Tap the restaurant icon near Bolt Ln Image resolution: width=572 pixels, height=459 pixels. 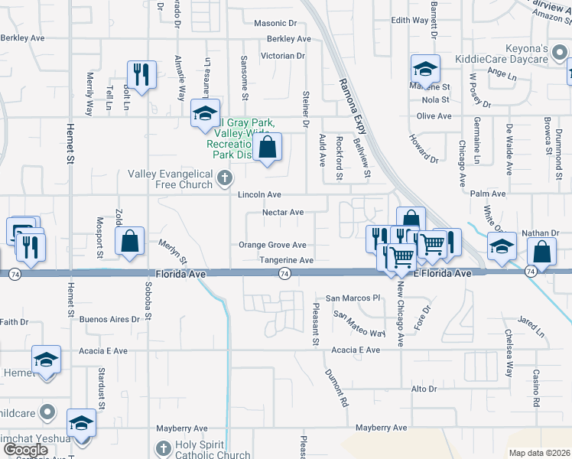pyautogui.click(x=140, y=74)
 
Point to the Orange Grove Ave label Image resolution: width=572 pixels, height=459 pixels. pyautogui.click(x=272, y=246)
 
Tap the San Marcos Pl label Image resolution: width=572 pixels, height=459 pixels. pyautogui.click(x=353, y=298)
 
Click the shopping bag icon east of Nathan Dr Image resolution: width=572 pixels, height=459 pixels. pyautogui.click(x=541, y=252)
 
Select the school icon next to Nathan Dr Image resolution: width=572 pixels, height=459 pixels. pyautogui.click(x=501, y=246)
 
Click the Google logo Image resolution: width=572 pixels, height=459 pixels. pyautogui.click(x=26, y=449)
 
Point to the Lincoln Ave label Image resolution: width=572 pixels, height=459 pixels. pyautogui.click(x=258, y=195)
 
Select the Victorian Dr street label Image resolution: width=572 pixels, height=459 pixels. pyautogui.click(x=282, y=56)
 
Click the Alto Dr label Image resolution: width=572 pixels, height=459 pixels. pyautogui.click(x=424, y=389)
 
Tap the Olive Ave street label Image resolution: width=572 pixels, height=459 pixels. pyautogui.click(x=434, y=116)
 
